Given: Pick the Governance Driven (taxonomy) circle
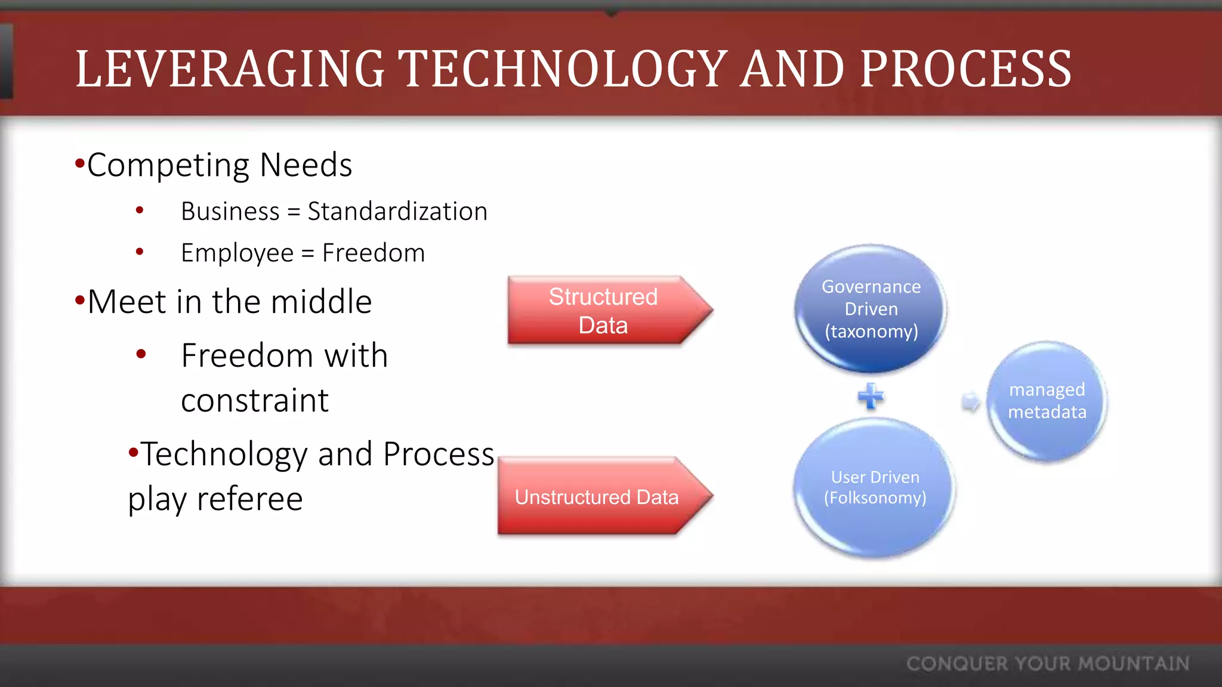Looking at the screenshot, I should [871, 308].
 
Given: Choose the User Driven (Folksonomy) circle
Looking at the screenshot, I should [875, 487].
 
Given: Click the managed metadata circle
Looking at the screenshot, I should [1047, 401].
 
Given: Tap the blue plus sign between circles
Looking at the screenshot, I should [871, 396].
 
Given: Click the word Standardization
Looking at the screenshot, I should [397, 212].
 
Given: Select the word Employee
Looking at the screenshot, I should [237, 253].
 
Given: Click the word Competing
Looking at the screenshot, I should [168, 165].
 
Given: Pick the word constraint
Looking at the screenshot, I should [255, 400].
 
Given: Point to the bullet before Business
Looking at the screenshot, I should [140, 210].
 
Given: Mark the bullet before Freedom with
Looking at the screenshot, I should [141, 354].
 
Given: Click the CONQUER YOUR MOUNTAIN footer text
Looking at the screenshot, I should [1048, 664].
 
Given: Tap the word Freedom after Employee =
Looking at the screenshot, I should [374, 253].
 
